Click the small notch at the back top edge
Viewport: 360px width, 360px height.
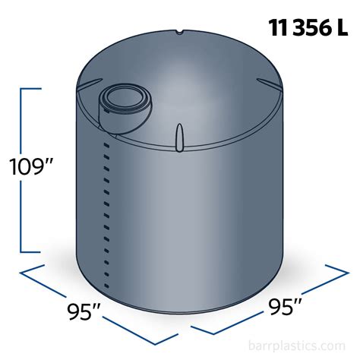179,33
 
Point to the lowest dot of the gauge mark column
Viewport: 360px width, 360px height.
107,275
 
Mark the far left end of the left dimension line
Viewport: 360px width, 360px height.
21,271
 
